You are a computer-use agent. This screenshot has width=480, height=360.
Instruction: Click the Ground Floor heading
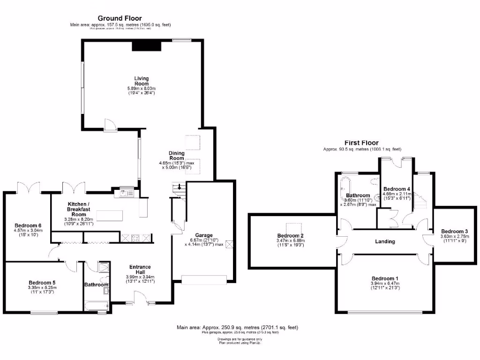[x=120, y=18]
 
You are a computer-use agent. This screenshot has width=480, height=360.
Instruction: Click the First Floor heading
[x=361, y=143]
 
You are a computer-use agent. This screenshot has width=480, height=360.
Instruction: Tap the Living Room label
[x=141, y=81]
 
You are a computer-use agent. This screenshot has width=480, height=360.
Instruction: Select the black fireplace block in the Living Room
[x=146, y=45]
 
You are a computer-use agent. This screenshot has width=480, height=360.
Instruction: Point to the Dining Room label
[x=177, y=156]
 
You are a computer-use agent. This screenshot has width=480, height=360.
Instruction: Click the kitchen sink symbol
[x=127, y=192]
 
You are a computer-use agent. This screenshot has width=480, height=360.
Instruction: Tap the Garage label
[x=204, y=235]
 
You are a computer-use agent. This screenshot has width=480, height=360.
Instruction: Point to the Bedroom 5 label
[x=42, y=283]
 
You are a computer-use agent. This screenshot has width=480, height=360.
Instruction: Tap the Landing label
[x=385, y=241]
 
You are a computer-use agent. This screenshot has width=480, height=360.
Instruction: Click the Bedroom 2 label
[x=291, y=235]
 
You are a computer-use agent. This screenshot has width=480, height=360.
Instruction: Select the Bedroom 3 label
[x=454, y=231]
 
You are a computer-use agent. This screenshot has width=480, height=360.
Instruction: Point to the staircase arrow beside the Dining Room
[x=179, y=187]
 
